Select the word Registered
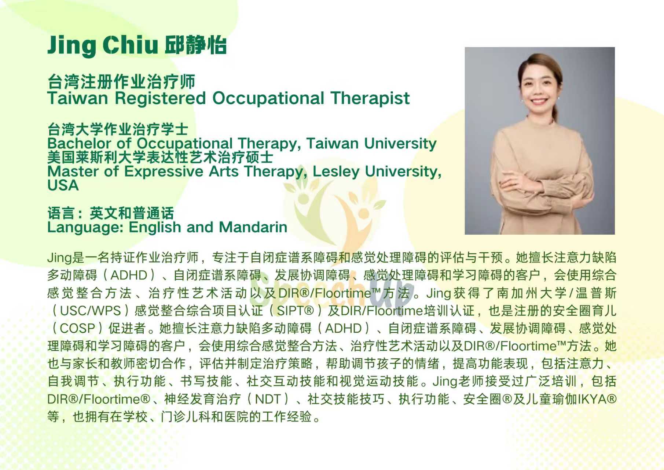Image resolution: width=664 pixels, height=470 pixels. coord(160,99)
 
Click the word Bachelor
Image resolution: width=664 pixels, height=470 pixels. coord(79,143)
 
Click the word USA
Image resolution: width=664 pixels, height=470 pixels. coord(63,185)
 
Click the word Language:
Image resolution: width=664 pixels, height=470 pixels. coord(85,228)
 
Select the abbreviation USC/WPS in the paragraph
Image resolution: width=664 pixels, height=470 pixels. coord(90,311)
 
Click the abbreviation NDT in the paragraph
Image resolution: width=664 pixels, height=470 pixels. coord(268,399)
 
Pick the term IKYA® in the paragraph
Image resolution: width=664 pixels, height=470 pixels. coord(598,399)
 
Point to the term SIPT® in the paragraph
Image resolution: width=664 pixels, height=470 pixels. coord(296,311)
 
